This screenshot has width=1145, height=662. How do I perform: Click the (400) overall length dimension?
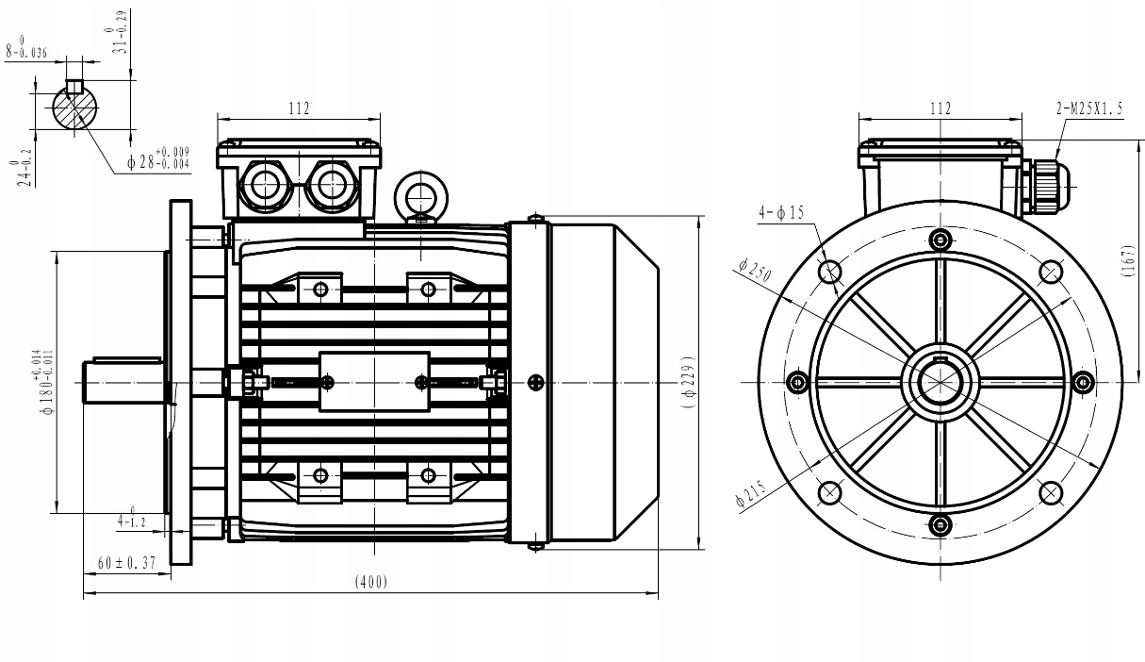[370, 583]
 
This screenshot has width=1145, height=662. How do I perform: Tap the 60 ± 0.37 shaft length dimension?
[126, 562]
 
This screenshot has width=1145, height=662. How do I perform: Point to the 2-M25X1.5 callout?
[1089, 108]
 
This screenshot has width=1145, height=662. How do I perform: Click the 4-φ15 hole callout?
[781, 213]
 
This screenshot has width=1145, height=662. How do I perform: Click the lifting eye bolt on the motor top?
[419, 194]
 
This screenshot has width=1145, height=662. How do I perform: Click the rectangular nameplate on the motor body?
[374, 382]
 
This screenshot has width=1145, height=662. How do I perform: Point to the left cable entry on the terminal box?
[265, 185]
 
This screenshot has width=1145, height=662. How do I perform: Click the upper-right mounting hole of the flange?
[1051, 273]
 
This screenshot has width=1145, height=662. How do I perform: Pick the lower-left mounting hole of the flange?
[830, 492]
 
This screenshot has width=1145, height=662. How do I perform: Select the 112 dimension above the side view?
[298, 108]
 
